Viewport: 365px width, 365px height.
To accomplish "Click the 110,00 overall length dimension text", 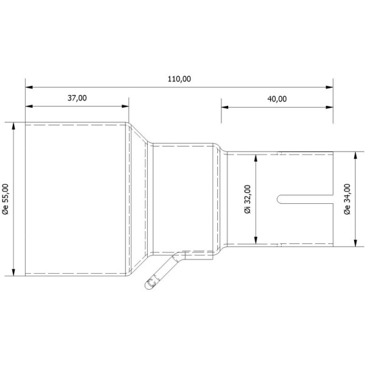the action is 179,79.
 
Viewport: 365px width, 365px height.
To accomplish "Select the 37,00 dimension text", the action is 77,98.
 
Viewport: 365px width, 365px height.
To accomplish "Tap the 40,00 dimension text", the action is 277,99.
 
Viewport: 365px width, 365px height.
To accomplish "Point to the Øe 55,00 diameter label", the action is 5,199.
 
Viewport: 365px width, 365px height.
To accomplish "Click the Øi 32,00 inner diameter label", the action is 248,200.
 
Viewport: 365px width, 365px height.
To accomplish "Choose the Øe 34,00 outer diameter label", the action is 347,199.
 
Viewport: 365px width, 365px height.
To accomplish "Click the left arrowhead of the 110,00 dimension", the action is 29,87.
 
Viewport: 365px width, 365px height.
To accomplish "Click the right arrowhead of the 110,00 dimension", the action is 329,87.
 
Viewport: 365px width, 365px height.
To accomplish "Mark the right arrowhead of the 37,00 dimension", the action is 125,106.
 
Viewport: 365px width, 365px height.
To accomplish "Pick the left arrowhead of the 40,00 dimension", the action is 224,107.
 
